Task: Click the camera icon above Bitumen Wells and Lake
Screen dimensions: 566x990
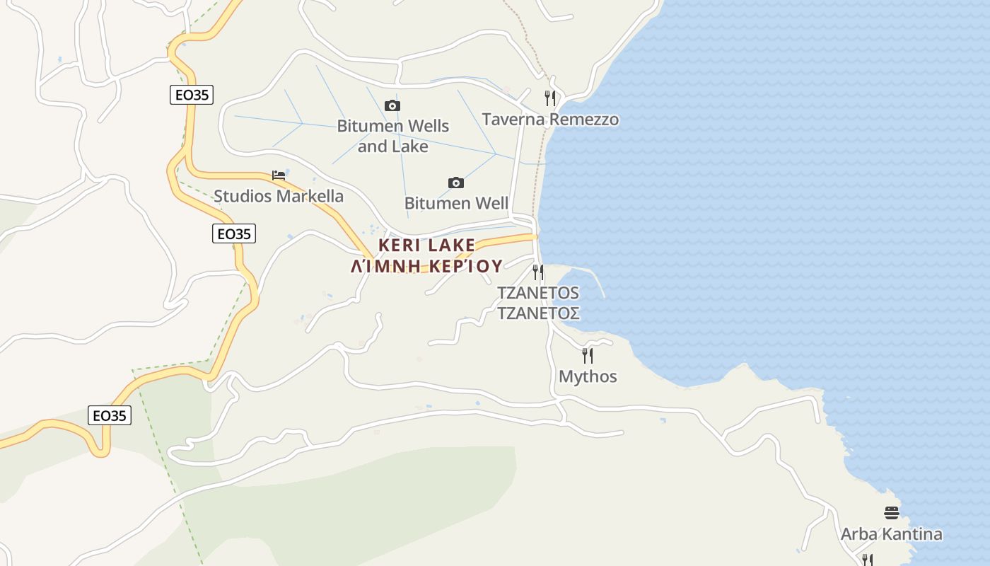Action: [392, 106]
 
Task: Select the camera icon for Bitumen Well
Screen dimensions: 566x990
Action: [456, 183]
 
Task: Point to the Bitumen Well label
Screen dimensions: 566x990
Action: [456, 204]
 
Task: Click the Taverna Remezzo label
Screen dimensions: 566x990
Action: [550, 120]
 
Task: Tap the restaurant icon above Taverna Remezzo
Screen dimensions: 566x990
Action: [550, 98]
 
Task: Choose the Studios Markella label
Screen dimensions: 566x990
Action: [279, 196]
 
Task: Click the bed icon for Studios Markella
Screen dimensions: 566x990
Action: [279, 175]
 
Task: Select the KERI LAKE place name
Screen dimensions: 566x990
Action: [427, 245]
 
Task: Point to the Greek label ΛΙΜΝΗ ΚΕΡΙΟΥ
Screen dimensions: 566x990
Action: [427, 266]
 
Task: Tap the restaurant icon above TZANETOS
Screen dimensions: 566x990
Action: [538, 272]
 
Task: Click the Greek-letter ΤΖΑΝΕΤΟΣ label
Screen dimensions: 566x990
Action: [539, 313]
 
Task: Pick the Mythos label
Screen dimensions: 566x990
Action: [588, 376]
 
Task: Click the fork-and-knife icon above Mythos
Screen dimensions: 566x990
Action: [587, 355]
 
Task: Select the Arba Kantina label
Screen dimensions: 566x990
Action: [891, 534]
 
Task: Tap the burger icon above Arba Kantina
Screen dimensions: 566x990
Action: [891, 513]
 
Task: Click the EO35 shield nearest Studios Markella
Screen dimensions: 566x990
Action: [234, 233]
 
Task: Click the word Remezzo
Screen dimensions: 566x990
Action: [584, 120]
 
